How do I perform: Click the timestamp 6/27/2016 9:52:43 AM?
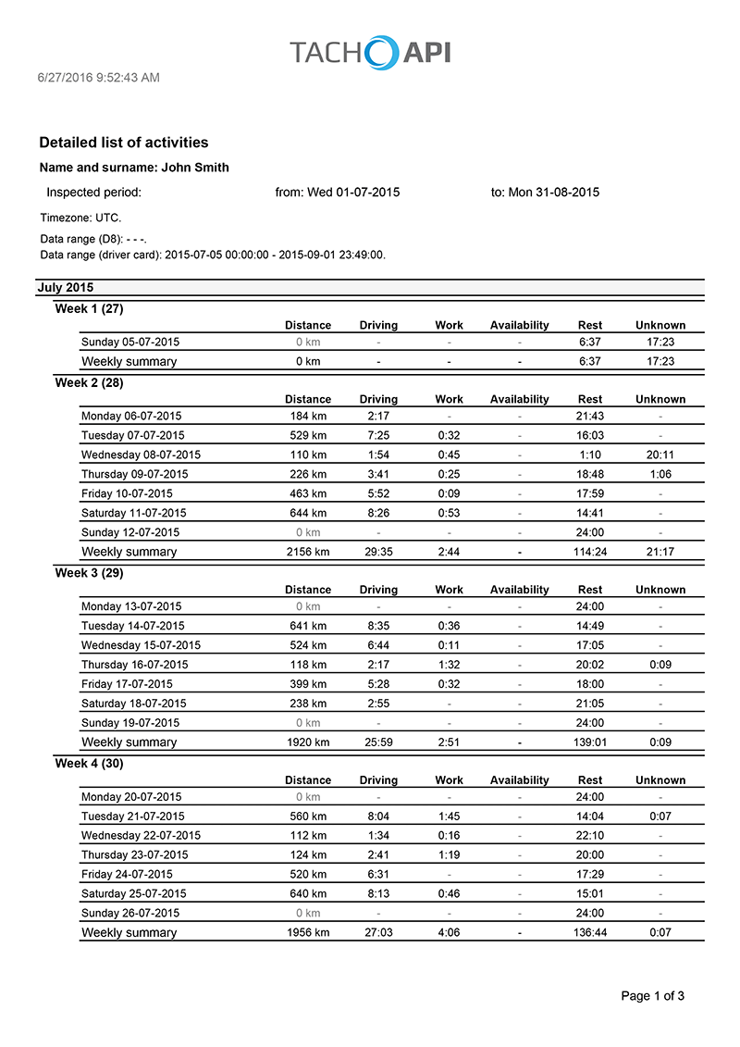pyautogui.click(x=98, y=78)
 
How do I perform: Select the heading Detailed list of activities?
pyautogui.click(x=123, y=143)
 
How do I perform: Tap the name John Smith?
pyautogui.click(x=195, y=168)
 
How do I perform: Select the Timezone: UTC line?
pyautogui.click(x=80, y=218)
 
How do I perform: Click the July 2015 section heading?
pyautogui.click(x=65, y=288)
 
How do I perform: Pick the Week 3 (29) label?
pyautogui.click(x=89, y=573)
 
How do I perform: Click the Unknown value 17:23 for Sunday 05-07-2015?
pyautogui.click(x=660, y=343)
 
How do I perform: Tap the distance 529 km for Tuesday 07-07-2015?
pyautogui.click(x=308, y=435)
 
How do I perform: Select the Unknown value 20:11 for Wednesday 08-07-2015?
pyautogui.click(x=660, y=455)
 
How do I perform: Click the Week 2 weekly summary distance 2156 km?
pyautogui.click(x=308, y=552)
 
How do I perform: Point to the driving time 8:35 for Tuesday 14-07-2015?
pyautogui.click(x=378, y=626)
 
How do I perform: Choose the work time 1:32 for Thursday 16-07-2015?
pyautogui.click(x=449, y=665)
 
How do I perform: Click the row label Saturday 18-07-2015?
pyautogui.click(x=133, y=704)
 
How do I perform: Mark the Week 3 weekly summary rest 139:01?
pyautogui.click(x=589, y=742)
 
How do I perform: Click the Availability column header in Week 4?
pyautogui.click(x=519, y=780)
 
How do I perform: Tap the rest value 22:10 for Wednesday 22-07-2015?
pyautogui.click(x=589, y=836)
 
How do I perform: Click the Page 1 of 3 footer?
pyautogui.click(x=652, y=996)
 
